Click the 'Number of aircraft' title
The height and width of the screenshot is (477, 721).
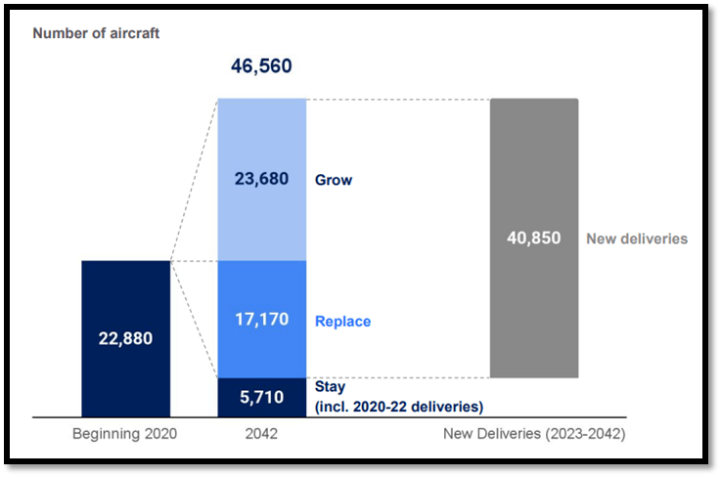click(x=96, y=33)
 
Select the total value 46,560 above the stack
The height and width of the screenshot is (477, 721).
click(x=261, y=66)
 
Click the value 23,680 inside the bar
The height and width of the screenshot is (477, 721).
click(x=261, y=180)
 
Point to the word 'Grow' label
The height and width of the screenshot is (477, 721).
click(x=334, y=181)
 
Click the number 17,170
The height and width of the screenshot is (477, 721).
click(x=261, y=320)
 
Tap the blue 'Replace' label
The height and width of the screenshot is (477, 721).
click(x=342, y=321)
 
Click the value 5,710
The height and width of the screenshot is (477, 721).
click(x=261, y=399)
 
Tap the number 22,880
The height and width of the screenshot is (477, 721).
click(x=125, y=339)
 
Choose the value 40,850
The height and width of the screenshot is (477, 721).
click(x=533, y=238)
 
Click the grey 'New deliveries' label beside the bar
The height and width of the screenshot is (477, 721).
click(x=637, y=238)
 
